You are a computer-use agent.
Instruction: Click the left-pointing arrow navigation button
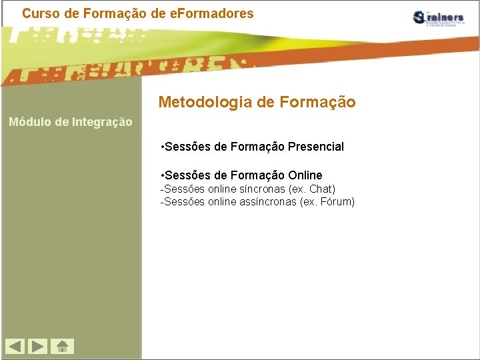(x=15, y=346)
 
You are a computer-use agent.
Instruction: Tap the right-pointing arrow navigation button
(x=39, y=346)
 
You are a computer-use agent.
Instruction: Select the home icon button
(x=62, y=346)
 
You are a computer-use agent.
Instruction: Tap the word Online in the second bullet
(x=305, y=175)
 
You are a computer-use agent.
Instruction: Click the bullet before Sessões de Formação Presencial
(x=163, y=147)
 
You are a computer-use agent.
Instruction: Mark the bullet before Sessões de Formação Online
(x=163, y=175)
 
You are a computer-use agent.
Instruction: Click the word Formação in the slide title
(x=317, y=102)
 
